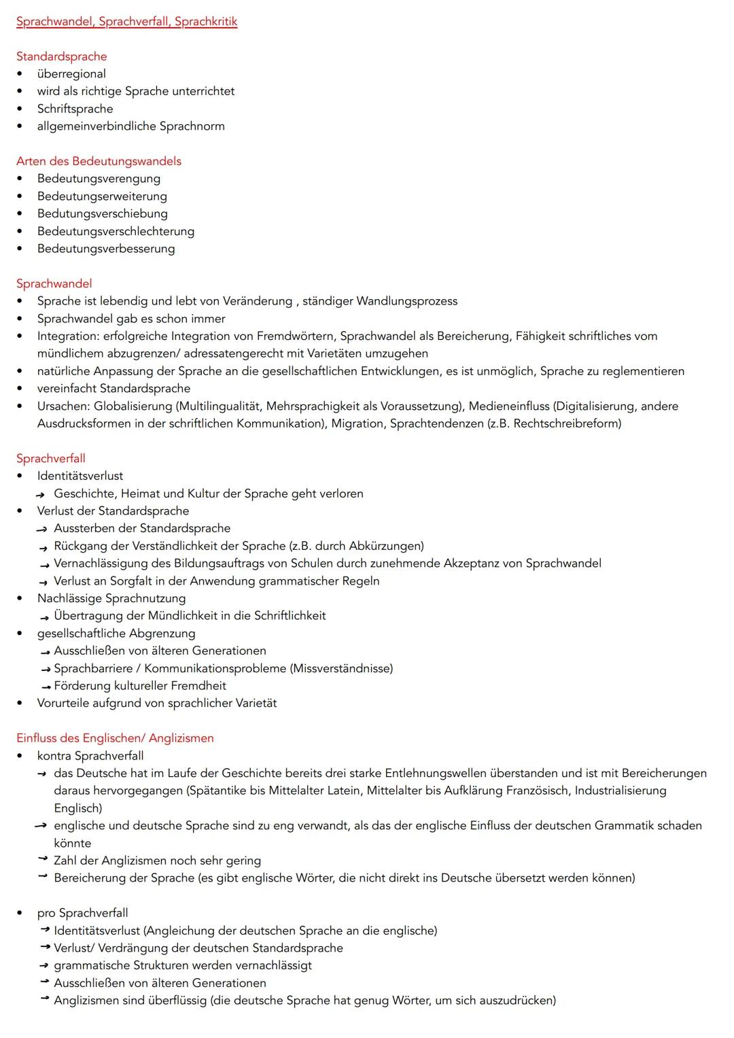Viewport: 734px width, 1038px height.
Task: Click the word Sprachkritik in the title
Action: (206, 22)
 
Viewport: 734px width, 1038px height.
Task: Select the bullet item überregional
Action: (71, 74)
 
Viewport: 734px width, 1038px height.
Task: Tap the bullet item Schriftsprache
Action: (75, 109)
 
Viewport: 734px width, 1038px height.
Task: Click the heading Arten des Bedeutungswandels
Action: (99, 161)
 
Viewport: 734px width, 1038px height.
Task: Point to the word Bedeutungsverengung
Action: (99, 179)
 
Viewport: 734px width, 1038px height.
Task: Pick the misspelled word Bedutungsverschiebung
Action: (102, 213)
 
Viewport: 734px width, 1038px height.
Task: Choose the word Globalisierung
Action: (133, 406)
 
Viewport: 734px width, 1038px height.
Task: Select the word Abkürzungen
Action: (385, 546)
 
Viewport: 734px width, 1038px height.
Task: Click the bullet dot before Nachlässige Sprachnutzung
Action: (20, 599)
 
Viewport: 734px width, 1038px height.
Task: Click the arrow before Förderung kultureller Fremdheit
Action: (46, 687)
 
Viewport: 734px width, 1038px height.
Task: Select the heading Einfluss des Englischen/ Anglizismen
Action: (115, 738)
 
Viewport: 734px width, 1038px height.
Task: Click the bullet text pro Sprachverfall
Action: (82, 913)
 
